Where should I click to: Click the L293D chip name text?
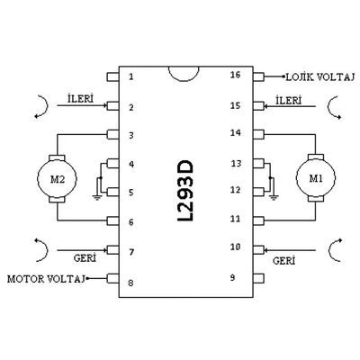coord(184,191)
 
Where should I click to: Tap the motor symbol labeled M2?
coord(57,178)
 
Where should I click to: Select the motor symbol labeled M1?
coord(316,177)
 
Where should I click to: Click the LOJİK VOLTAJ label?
coord(320,77)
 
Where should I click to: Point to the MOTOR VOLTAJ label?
coord(46,279)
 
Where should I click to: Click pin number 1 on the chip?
coord(130,76)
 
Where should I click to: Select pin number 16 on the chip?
coord(236,75)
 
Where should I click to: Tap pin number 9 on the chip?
coord(232,278)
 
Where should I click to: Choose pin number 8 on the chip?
coord(130,283)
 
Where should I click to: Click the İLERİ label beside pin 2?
coord(80,99)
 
